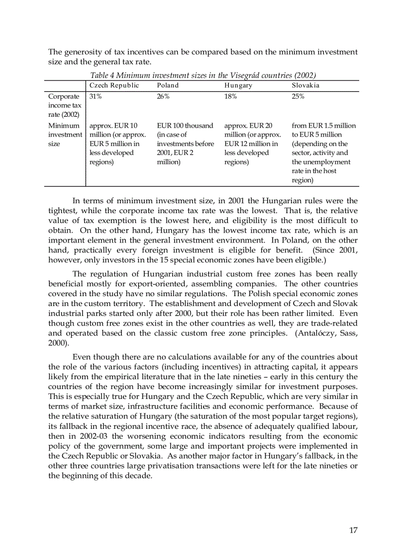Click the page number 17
point(353,530)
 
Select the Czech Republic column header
point(114,85)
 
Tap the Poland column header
point(168,85)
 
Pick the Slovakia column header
point(305,85)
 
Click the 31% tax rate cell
point(96,96)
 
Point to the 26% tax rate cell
point(163,96)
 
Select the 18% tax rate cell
point(230,96)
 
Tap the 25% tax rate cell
point(298,96)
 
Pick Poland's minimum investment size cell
point(185,144)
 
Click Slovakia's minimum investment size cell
point(323,153)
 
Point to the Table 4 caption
point(203,75)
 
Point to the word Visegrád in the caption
point(247,75)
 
